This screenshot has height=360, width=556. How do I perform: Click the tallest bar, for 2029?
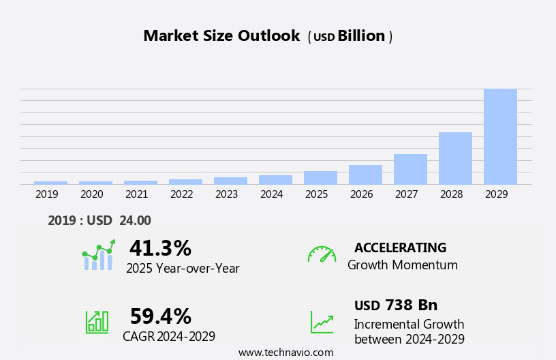click(x=500, y=136)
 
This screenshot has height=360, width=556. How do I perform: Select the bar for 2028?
click(x=455, y=158)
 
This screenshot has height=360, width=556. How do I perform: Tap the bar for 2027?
click(x=410, y=169)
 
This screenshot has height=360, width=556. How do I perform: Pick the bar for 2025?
click(x=320, y=177)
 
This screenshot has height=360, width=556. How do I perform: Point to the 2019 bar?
click(x=50, y=183)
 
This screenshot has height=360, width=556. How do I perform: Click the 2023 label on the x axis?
click(x=226, y=194)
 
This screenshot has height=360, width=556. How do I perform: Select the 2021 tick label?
click(x=136, y=194)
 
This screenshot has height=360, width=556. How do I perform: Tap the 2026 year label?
click(x=361, y=194)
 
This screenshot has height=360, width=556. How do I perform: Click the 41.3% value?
click(x=160, y=248)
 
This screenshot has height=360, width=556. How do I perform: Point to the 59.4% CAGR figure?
click(x=160, y=316)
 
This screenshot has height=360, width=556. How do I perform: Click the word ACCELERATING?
click(x=400, y=248)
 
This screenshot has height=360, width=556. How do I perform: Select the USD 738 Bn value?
click(x=396, y=305)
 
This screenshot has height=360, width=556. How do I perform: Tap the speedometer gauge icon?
click(x=322, y=254)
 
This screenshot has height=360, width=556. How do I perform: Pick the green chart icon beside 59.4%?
click(x=97, y=321)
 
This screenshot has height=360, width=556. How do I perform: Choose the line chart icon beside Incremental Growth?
click(x=322, y=322)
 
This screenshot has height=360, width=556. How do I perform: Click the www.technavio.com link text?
click(x=285, y=352)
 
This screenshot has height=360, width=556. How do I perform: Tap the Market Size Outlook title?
click(x=221, y=36)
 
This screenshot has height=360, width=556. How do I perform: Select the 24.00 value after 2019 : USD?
click(x=136, y=221)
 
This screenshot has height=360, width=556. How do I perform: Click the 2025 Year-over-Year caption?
click(x=183, y=269)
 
